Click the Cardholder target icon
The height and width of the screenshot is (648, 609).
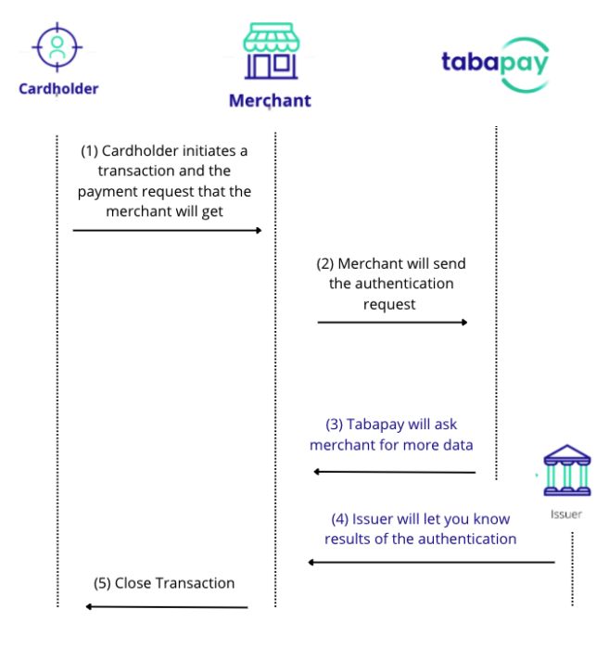[x=57, y=47]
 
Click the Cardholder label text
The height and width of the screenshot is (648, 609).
[x=58, y=89]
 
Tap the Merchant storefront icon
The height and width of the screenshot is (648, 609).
[x=271, y=52]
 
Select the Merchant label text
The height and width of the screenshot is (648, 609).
[x=270, y=100]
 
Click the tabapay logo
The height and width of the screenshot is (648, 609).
[x=495, y=63]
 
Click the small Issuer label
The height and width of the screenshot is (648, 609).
[x=566, y=514]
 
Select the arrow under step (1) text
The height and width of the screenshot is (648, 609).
[x=168, y=229]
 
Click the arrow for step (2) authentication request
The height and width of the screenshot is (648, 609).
[x=392, y=323]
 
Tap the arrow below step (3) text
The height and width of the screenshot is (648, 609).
[x=394, y=472]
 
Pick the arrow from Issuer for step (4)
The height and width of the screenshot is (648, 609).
[x=431, y=562]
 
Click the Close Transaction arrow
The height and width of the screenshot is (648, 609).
[x=166, y=607]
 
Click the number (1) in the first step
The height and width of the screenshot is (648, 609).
[x=89, y=150]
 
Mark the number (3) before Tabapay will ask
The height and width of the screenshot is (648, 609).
[x=334, y=425]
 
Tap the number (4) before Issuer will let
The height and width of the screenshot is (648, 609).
[x=339, y=519]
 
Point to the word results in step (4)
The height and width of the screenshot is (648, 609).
[x=349, y=539]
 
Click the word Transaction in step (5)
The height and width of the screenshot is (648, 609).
[x=194, y=583]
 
